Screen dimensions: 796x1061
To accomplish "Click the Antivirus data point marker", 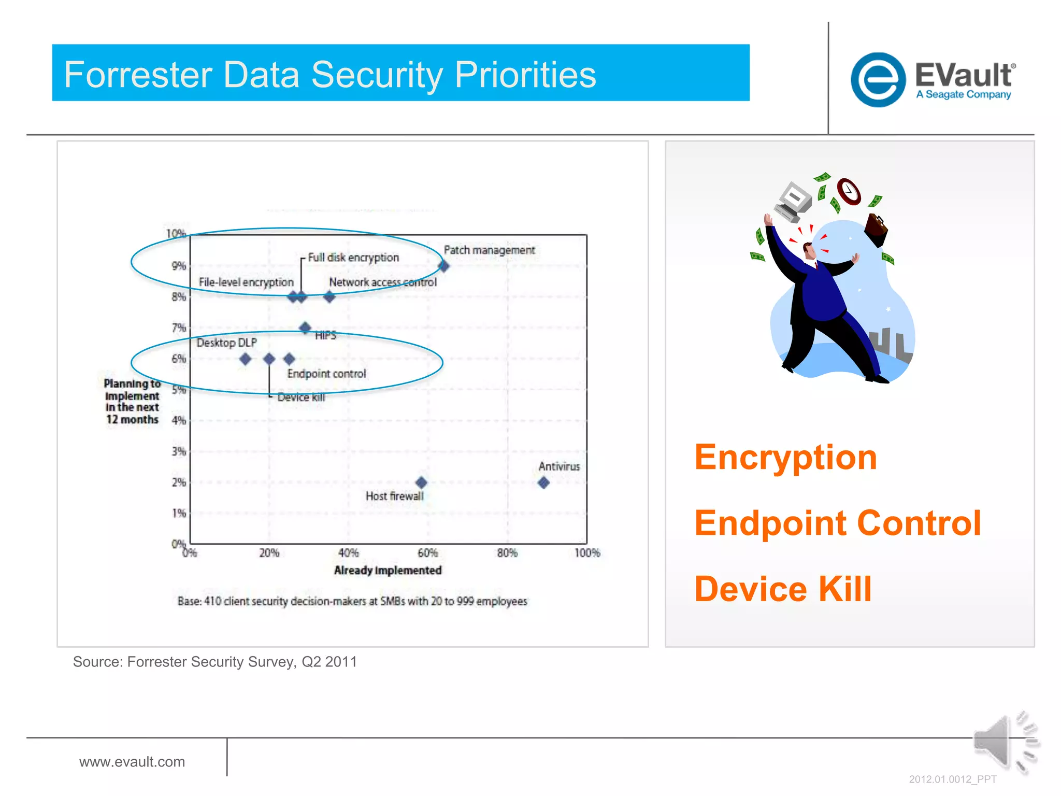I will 543,482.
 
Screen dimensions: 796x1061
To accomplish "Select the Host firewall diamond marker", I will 421,482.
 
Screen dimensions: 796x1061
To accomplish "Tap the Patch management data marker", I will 443,266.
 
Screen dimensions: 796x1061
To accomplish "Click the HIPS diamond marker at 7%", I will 305,328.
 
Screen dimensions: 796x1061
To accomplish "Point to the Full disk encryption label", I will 353,258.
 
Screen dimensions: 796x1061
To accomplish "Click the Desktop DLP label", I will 226,343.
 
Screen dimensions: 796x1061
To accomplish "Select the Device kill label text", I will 301,397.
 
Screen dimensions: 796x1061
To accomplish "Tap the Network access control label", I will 383,282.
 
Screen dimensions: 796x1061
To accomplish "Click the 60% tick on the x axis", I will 427,553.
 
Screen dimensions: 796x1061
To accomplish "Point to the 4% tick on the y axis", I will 179,420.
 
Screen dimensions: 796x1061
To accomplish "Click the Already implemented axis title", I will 388,571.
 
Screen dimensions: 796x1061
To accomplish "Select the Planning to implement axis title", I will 132,402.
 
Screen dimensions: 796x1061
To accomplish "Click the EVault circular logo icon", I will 878,80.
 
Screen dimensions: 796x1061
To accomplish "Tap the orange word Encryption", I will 785,458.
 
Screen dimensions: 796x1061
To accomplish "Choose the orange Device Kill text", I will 783,589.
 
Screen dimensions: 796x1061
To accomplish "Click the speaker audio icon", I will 1002,743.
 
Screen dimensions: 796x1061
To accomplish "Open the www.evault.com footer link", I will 132,762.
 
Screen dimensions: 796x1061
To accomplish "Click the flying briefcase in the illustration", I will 876,230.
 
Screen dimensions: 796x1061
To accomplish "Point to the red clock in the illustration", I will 849,191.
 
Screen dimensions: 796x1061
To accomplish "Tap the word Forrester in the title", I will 138,75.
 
